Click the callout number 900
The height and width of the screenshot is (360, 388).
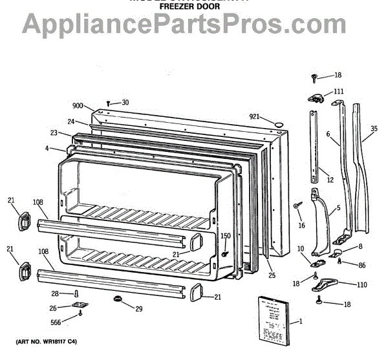[x=78, y=106]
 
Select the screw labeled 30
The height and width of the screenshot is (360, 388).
[x=110, y=102]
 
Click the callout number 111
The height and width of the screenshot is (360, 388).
[x=339, y=91]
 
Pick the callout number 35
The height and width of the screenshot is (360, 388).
[x=373, y=129]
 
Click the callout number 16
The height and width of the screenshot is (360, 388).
[x=301, y=226]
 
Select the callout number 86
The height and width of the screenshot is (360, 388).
[x=361, y=266]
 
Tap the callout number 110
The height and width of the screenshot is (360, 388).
[x=361, y=284]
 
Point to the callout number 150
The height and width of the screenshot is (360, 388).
[x=226, y=236]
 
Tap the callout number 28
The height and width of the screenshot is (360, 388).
[x=56, y=293]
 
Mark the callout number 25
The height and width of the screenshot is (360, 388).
[x=272, y=275]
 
